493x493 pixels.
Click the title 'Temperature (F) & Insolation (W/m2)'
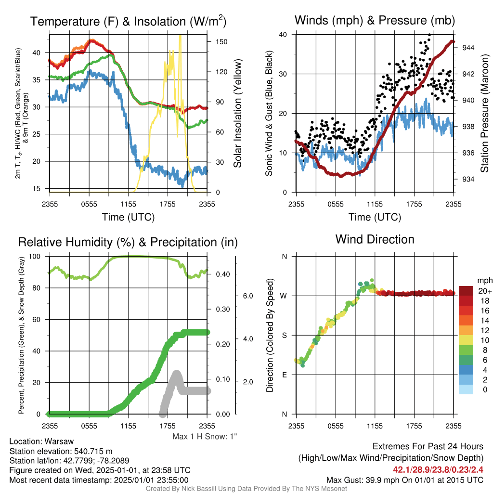click(128, 21)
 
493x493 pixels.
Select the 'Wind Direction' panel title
click(375, 239)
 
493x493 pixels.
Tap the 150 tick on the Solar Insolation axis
click(221, 42)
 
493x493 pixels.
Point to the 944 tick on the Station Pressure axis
click(468, 48)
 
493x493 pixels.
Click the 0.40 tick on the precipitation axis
click(223, 274)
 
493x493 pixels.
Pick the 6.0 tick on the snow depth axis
click(248, 296)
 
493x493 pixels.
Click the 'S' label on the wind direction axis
click(284, 336)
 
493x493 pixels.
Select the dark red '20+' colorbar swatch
click(466, 291)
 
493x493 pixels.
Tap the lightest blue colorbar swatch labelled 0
click(466, 389)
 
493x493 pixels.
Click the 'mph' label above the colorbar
click(485, 281)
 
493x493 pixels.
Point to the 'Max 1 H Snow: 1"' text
click(205, 436)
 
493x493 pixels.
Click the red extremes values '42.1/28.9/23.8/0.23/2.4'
click(438, 470)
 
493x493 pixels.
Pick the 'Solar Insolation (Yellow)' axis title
click(238, 113)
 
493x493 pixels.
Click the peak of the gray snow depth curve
click(177, 373)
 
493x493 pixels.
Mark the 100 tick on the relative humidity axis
click(35, 257)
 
